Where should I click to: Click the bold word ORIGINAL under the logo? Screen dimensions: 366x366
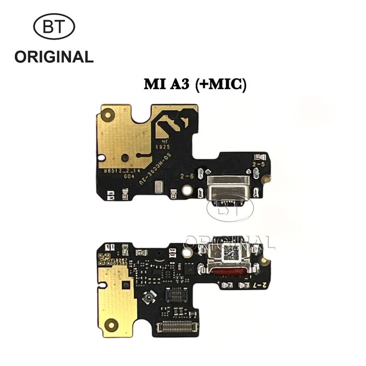(54, 56)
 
